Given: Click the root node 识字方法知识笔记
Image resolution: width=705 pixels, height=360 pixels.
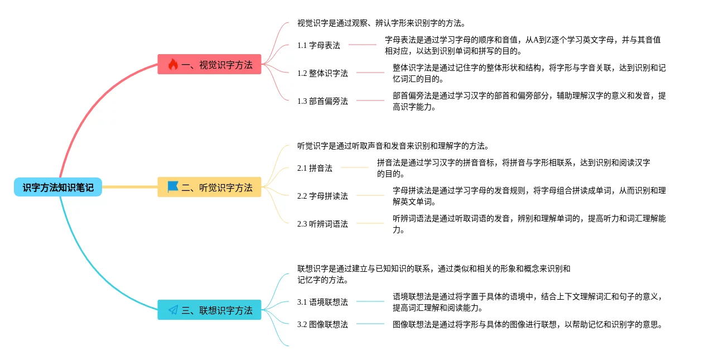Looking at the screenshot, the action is point(58,188).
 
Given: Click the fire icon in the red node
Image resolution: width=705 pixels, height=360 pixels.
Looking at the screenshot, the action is point(173,65).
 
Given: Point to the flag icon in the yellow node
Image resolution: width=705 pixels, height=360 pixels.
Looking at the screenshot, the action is point(173,187).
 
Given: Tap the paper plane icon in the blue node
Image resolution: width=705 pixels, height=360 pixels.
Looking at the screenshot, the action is point(173,310).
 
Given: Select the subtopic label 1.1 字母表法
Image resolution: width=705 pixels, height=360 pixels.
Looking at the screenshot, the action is point(318,45).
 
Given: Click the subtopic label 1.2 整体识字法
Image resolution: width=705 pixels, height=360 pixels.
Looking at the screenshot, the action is point(322,73).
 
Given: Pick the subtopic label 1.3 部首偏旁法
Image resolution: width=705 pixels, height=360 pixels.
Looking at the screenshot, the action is point(322,101).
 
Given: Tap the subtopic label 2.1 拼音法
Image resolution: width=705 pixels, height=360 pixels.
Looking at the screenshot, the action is point(315,168).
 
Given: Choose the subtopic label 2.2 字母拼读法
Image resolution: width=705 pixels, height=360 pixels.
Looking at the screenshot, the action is point(322,196).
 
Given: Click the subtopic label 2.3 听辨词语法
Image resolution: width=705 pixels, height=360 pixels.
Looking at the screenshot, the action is point(322,224).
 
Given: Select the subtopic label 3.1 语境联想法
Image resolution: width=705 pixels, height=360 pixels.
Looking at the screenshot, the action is point(322,302).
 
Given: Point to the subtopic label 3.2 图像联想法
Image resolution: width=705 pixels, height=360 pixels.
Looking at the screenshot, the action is point(322,324).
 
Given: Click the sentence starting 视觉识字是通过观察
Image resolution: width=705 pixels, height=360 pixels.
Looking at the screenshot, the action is point(382,23).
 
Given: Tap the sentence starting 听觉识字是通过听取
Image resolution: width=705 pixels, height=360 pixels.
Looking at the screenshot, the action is point(393,146).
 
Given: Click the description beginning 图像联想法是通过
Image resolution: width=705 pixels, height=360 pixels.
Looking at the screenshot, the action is point(527,324).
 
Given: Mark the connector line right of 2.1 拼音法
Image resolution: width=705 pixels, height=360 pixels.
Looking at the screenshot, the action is point(355,167).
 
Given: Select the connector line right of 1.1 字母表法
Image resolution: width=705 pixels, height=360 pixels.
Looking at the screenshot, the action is point(363,45).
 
